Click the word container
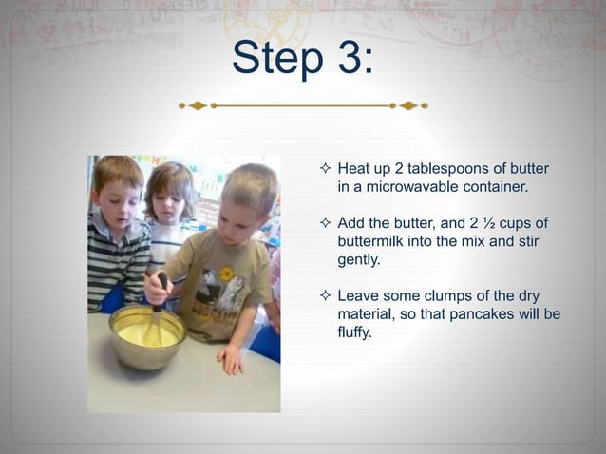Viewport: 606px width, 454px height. click(493, 187)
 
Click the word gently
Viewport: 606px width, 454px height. click(359, 259)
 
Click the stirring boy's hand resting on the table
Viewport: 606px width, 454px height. click(230, 358)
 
